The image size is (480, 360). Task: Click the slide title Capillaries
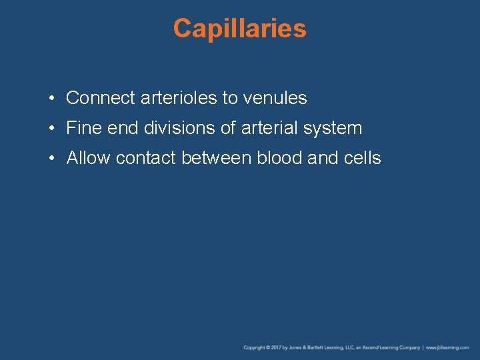[239, 29]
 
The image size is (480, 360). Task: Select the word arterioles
[179, 98]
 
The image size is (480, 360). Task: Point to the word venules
[275, 98]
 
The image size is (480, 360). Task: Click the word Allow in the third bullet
[89, 158]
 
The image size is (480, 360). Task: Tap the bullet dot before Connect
[51, 99]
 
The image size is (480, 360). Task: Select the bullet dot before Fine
[51, 129]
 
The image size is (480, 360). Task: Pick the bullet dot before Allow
[51, 159]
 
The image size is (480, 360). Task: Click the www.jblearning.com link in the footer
[448, 347]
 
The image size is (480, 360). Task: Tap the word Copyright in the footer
[255, 347]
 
